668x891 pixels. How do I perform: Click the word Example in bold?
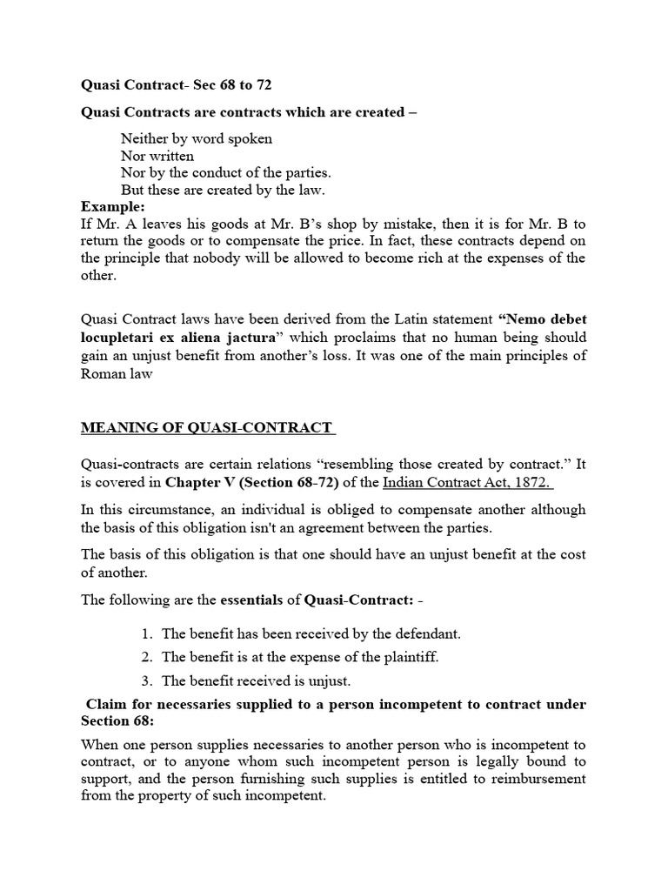tap(111, 206)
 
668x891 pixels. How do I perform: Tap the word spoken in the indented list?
tap(250, 138)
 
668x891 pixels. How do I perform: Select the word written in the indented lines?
tap(170, 156)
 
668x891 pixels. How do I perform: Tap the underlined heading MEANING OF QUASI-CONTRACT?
tap(207, 427)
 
